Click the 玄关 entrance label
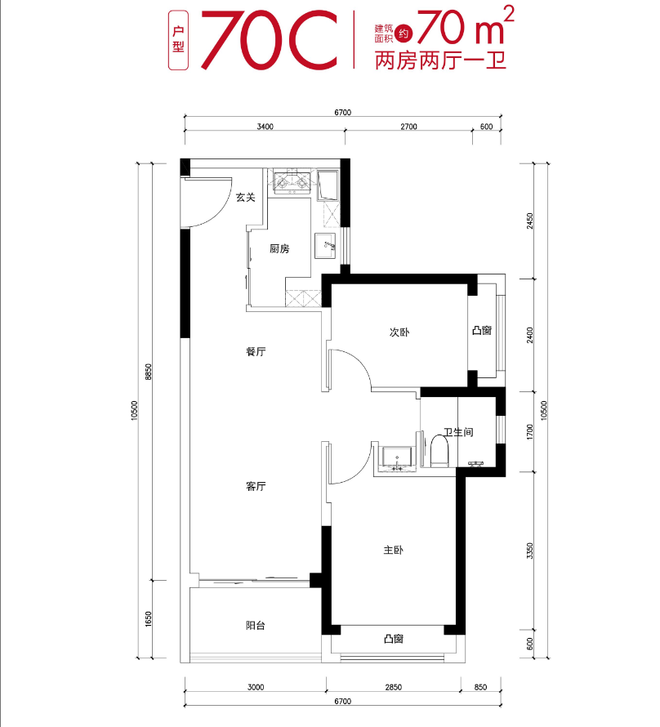pyautogui.click(x=246, y=197)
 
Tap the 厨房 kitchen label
pyautogui.click(x=279, y=249)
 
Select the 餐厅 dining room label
pyautogui.click(x=256, y=352)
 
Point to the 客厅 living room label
pyautogui.click(x=256, y=486)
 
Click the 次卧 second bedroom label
pyautogui.click(x=399, y=333)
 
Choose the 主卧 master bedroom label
pyautogui.click(x=394, y=551)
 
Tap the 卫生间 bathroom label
pyautogui.click(x=458, y=432)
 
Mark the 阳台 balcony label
pyautogui.click(x=256, y=626)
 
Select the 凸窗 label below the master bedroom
pyautogui.click(x=394, y=639)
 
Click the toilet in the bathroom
pyautogui.click(x=440, y=450)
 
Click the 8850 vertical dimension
pyautogui.click(x=148, y=372)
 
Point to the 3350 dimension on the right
pyautogui.click(x=530, y=551)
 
